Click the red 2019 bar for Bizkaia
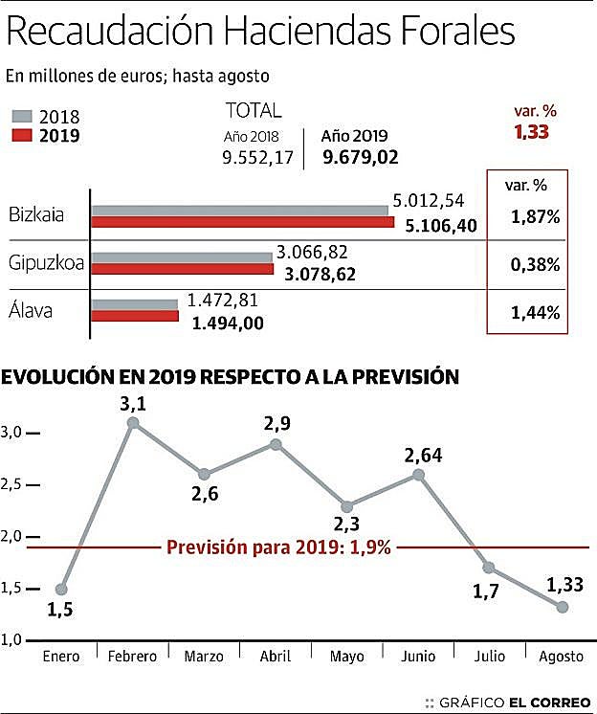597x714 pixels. (243, 222)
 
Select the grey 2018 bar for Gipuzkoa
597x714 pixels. (182, 257)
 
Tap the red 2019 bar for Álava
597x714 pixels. (135, 315)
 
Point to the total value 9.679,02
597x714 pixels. (361, 157)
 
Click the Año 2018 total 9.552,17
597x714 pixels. (257, 157)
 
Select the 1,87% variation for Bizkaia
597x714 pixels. (535, 217)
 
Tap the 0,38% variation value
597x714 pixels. (535, 264)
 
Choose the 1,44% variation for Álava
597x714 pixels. (535, 311)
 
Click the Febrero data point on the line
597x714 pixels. (134, 422)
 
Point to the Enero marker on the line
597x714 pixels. (62, 589)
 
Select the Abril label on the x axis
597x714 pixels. (276, 656)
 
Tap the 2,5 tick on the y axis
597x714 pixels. (11, 484)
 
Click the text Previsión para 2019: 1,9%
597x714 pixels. (278, 547)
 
